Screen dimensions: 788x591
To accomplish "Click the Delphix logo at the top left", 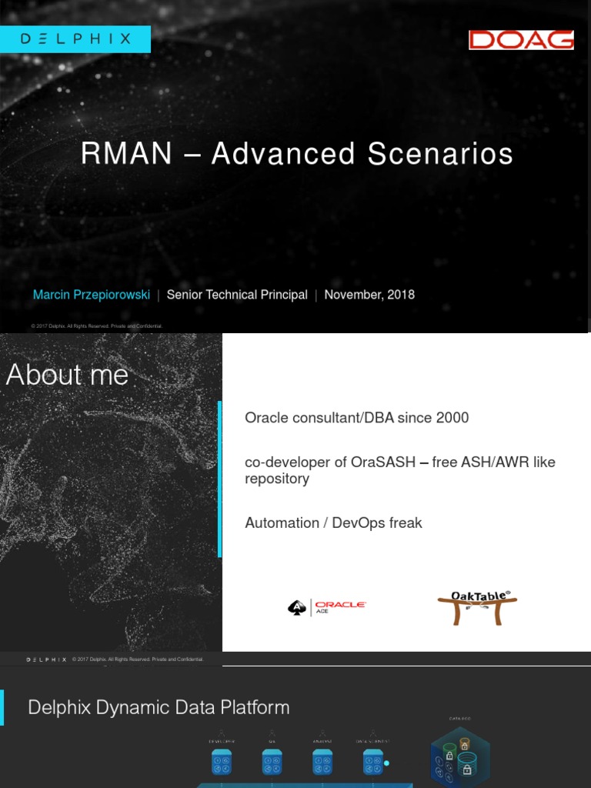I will pos(75,38).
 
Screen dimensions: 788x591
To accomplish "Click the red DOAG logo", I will pos(521,40).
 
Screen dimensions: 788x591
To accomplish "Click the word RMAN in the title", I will pos(126,154).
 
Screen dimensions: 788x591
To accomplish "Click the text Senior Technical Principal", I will pos(237,295).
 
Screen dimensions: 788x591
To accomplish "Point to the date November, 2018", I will pos(369,295).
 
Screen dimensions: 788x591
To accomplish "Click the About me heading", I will pos(67,375).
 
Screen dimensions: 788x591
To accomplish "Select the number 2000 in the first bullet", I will pos(452,418).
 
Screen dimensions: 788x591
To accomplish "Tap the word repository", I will pos(277,479).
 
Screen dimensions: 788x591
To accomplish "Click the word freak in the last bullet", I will pos(405,523).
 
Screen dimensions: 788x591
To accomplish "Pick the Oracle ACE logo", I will pos(326,607).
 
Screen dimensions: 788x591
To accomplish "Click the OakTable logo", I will pos(477,606).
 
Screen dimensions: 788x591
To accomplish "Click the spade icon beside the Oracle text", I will pos(296,608).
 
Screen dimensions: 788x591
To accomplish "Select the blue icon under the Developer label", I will pos(222,762).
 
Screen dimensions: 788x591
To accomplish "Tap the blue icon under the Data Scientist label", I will pos(372,762).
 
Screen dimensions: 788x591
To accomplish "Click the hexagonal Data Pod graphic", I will pos(460,758).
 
